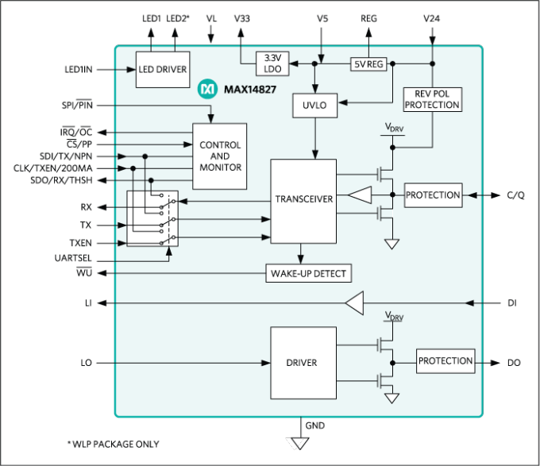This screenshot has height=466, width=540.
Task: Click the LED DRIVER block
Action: pos(162,69)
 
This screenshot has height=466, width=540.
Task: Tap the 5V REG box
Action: pos(368,64)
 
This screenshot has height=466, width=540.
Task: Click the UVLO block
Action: pos(315,104)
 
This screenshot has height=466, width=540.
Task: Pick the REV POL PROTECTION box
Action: pos(432,98)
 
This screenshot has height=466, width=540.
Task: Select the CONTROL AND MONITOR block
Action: pos(220,156)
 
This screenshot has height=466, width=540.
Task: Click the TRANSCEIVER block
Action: pos(303,200)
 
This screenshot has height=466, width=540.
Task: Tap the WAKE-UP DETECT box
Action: pos(308,274)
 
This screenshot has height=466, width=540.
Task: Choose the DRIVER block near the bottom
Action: pos(302,363)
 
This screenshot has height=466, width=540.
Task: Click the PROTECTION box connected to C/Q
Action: pos(432,195)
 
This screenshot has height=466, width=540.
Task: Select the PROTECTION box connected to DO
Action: pos(445,361)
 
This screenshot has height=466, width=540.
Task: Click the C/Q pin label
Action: pos(515,195)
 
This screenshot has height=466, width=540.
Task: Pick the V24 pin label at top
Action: pos(431,17)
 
